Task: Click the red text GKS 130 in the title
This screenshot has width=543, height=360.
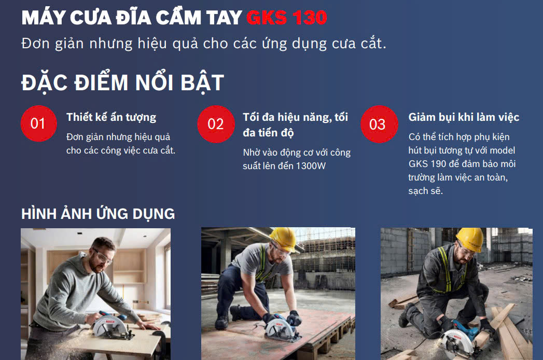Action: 287,17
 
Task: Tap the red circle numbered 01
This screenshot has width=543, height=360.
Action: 38,123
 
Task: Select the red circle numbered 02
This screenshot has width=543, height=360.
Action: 216,124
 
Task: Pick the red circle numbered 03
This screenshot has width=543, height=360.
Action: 379,124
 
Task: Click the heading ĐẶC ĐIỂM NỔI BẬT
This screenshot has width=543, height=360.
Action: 122,82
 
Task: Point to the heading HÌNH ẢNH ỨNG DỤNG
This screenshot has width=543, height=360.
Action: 98,213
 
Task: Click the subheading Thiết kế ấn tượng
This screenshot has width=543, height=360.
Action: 111,117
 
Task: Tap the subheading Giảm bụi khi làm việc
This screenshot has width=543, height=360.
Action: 464,117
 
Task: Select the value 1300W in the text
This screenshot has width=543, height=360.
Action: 311,166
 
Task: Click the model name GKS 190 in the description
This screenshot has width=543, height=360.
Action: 427,163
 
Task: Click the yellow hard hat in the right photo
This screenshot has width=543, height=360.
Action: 470,239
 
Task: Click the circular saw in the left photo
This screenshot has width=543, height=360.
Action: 111,326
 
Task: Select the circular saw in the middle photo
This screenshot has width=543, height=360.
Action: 282,327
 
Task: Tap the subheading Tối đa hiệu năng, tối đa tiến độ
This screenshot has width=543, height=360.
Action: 296,124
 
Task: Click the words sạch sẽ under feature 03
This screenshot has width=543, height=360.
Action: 425,190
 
